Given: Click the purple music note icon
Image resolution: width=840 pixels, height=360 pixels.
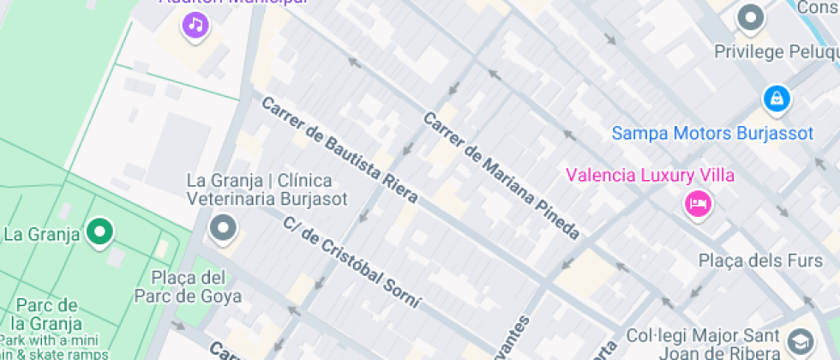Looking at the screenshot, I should tap(196, 25).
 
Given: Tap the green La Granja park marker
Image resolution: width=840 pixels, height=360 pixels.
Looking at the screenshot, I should tap(100, 231).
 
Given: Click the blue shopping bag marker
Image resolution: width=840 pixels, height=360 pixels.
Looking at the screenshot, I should tap(777, 98).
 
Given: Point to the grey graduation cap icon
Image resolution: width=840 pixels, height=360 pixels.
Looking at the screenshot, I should tap(801, 341).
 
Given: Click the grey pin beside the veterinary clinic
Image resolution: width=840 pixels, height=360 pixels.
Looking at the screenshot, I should tap(224, 229).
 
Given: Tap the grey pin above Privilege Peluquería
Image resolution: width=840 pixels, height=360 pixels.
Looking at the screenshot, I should tap(751, 17).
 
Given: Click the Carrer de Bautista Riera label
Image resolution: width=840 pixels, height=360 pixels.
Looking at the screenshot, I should tap(339, 149).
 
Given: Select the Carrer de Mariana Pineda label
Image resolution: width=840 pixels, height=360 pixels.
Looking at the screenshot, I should tap(501, 175).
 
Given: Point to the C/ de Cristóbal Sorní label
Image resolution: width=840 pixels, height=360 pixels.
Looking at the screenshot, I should tap(352, 261).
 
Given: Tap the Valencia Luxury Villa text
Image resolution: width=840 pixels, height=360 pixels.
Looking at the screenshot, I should tap(650, 176).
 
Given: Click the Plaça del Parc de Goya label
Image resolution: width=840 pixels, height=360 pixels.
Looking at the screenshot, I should tap(189, 287).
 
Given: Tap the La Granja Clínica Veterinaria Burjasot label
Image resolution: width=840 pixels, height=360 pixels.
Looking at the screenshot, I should tap(267, 189).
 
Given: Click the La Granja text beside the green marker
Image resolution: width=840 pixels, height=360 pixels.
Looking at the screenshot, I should tap(42, 233).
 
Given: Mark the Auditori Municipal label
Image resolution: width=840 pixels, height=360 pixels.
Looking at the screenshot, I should tap(232, 3).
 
